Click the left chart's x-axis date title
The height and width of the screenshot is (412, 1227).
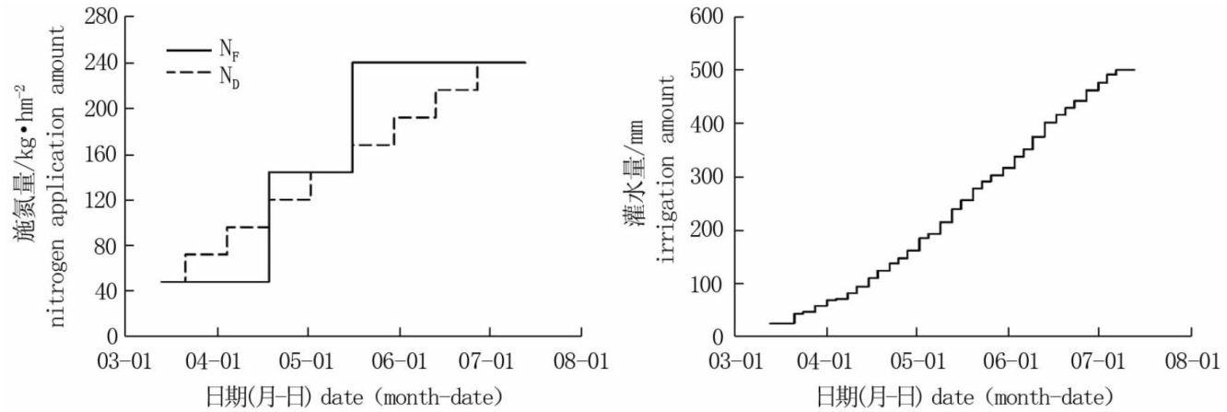tap(354, 396)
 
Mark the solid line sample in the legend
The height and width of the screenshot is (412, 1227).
tap(187, 52)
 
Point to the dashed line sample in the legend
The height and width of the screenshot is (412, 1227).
tap(187, 73)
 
